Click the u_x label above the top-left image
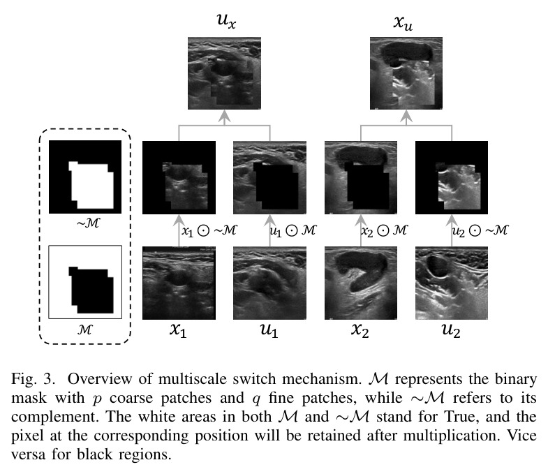226,20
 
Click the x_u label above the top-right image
403,22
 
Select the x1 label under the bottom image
178,329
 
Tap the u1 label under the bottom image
269,329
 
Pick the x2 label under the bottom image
360,329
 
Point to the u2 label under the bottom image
451,329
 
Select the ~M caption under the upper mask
88,223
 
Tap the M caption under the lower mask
85,329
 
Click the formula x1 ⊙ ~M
209,230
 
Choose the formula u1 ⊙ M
293,230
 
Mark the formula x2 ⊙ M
384,230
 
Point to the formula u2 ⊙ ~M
480,230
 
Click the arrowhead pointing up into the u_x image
224,116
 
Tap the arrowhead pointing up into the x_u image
406,116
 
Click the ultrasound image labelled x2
361,283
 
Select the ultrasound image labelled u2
452,283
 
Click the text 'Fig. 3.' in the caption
34,379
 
